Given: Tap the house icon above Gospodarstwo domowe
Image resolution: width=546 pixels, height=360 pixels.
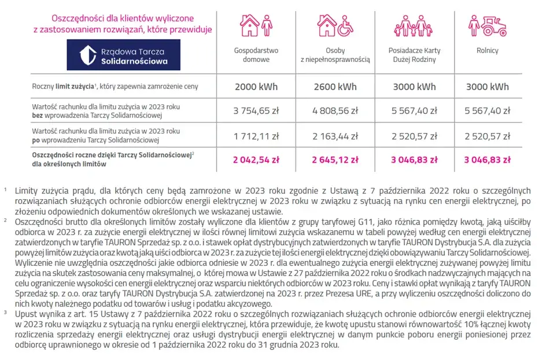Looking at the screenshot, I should pos(249,25).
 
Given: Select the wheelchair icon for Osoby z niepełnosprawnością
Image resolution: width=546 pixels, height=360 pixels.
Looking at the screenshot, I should pos(344,25).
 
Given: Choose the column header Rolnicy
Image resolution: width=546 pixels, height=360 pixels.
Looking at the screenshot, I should pos(487,50).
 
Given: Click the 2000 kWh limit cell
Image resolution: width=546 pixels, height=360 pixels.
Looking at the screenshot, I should pos(256,87).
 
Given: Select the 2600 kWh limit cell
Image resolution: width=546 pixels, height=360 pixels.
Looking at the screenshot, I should pos(335,87).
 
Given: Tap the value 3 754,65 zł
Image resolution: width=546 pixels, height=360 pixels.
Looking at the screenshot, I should pos(256,111).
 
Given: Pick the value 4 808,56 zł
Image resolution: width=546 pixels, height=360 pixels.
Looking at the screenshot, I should pos(335,111).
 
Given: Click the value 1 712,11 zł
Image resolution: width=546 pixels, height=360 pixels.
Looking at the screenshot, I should pos(256,137).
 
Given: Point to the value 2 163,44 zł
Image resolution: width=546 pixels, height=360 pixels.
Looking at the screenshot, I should pos(335,137).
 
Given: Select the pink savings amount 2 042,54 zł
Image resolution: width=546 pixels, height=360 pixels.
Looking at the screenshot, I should pos(256,159).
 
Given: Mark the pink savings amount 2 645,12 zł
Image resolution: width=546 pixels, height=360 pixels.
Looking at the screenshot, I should pos(335,159).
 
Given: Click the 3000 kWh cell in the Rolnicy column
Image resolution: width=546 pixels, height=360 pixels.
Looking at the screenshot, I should pos(487,87).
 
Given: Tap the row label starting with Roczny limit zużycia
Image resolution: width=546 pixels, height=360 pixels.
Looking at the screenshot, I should pos(115,87).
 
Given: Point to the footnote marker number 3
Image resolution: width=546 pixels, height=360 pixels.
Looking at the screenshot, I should pos(5,313).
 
